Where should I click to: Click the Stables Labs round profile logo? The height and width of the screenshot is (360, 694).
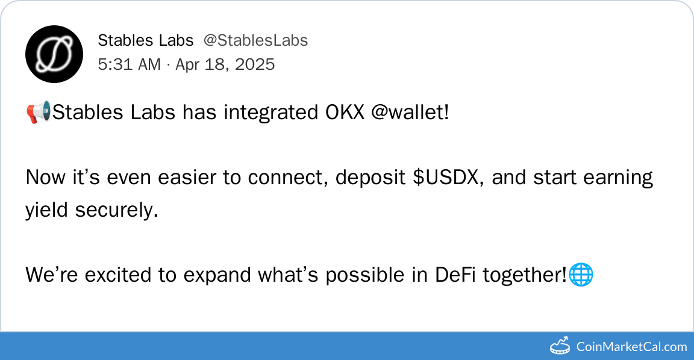point(54,54)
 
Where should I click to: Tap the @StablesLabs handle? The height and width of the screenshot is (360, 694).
point(255,40)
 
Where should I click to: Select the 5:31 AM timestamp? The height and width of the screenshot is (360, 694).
point(130,64)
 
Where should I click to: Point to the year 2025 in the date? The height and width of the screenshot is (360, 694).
point(255,64)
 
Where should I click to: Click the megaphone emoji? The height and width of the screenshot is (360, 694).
point(39,113)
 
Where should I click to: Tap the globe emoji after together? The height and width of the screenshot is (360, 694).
point(580,275)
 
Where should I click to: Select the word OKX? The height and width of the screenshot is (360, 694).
point(345,113)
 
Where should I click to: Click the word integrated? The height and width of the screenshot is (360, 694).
point(271,113)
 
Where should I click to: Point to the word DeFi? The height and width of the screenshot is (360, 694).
point(455,275)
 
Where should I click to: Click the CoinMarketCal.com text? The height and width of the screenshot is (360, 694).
point(631,347)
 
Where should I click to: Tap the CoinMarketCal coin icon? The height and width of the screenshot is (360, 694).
point(560,346)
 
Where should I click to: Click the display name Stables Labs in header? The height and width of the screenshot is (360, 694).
point(146,40)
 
